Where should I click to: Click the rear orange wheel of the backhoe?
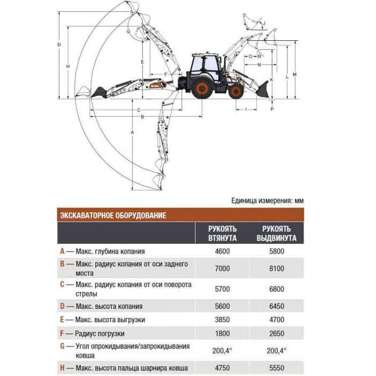tap(202, 88)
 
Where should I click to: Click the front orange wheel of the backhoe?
tap(236, 91)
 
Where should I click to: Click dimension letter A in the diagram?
tap(132, 132)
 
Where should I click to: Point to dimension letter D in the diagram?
tap(59, 45)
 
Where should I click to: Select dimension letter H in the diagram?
tap(68, 67)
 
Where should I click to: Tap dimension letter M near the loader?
tap(295, 74)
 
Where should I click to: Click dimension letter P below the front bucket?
tap(272, 109)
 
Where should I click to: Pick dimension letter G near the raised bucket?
tap(128, 31)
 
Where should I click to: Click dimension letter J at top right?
tap(264, 23)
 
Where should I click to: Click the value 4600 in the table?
tap(222, 251)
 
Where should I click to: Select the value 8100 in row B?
tap(277, 269)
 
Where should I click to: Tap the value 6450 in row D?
tap(277, 306)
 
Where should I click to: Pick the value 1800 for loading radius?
tap(222, 334)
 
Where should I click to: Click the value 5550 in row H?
tap(277, 368)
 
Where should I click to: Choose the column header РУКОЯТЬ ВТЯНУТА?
tap(222, 233)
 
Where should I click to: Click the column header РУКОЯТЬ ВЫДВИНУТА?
tap(277, 233)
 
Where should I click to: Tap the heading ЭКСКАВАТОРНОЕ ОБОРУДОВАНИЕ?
tap(113, 215)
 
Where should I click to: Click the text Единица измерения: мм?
tap(267, 200)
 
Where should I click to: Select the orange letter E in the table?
tap(62, 320)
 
